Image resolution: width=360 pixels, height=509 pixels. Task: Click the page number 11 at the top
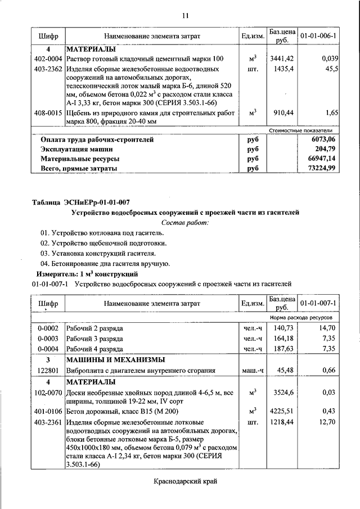184,15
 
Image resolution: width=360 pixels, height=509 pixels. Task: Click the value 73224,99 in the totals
325,168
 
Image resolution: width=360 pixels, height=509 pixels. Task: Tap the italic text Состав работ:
185,222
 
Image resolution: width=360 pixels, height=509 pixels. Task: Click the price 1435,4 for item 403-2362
280,69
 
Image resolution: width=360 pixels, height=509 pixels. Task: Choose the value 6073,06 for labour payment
326,139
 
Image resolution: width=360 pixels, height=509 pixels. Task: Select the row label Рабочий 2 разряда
94,328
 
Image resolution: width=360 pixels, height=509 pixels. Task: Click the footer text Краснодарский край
184,481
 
